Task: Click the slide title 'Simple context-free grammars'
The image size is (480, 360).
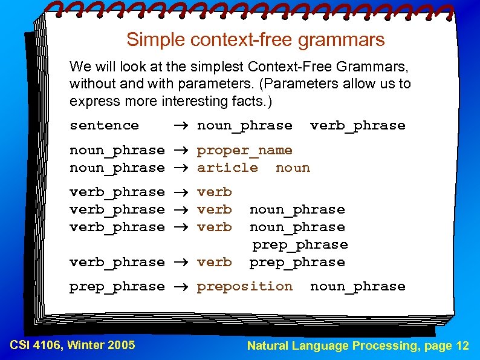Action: click(255, 40)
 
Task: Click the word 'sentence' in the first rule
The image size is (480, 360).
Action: click(104, 126)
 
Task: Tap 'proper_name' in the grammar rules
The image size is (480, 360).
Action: click(244, 150)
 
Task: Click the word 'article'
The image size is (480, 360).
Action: click(227, 168)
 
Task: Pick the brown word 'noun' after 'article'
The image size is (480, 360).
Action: click(293, 168)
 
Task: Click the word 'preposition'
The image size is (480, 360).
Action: click(244, 286)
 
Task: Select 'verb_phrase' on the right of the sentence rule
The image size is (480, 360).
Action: click(357, 126)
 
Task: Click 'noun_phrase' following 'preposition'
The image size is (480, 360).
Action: click(357, 286)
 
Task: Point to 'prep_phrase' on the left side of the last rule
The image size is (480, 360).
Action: click(117, 286)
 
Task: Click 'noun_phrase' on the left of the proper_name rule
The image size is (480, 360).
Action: click(117, 150)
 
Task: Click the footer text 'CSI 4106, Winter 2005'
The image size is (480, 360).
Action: click(73, 345)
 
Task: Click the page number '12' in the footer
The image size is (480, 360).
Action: click(462, 345)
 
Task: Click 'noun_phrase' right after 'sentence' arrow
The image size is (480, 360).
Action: click(244, 126)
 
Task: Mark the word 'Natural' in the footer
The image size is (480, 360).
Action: click(268, 345)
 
